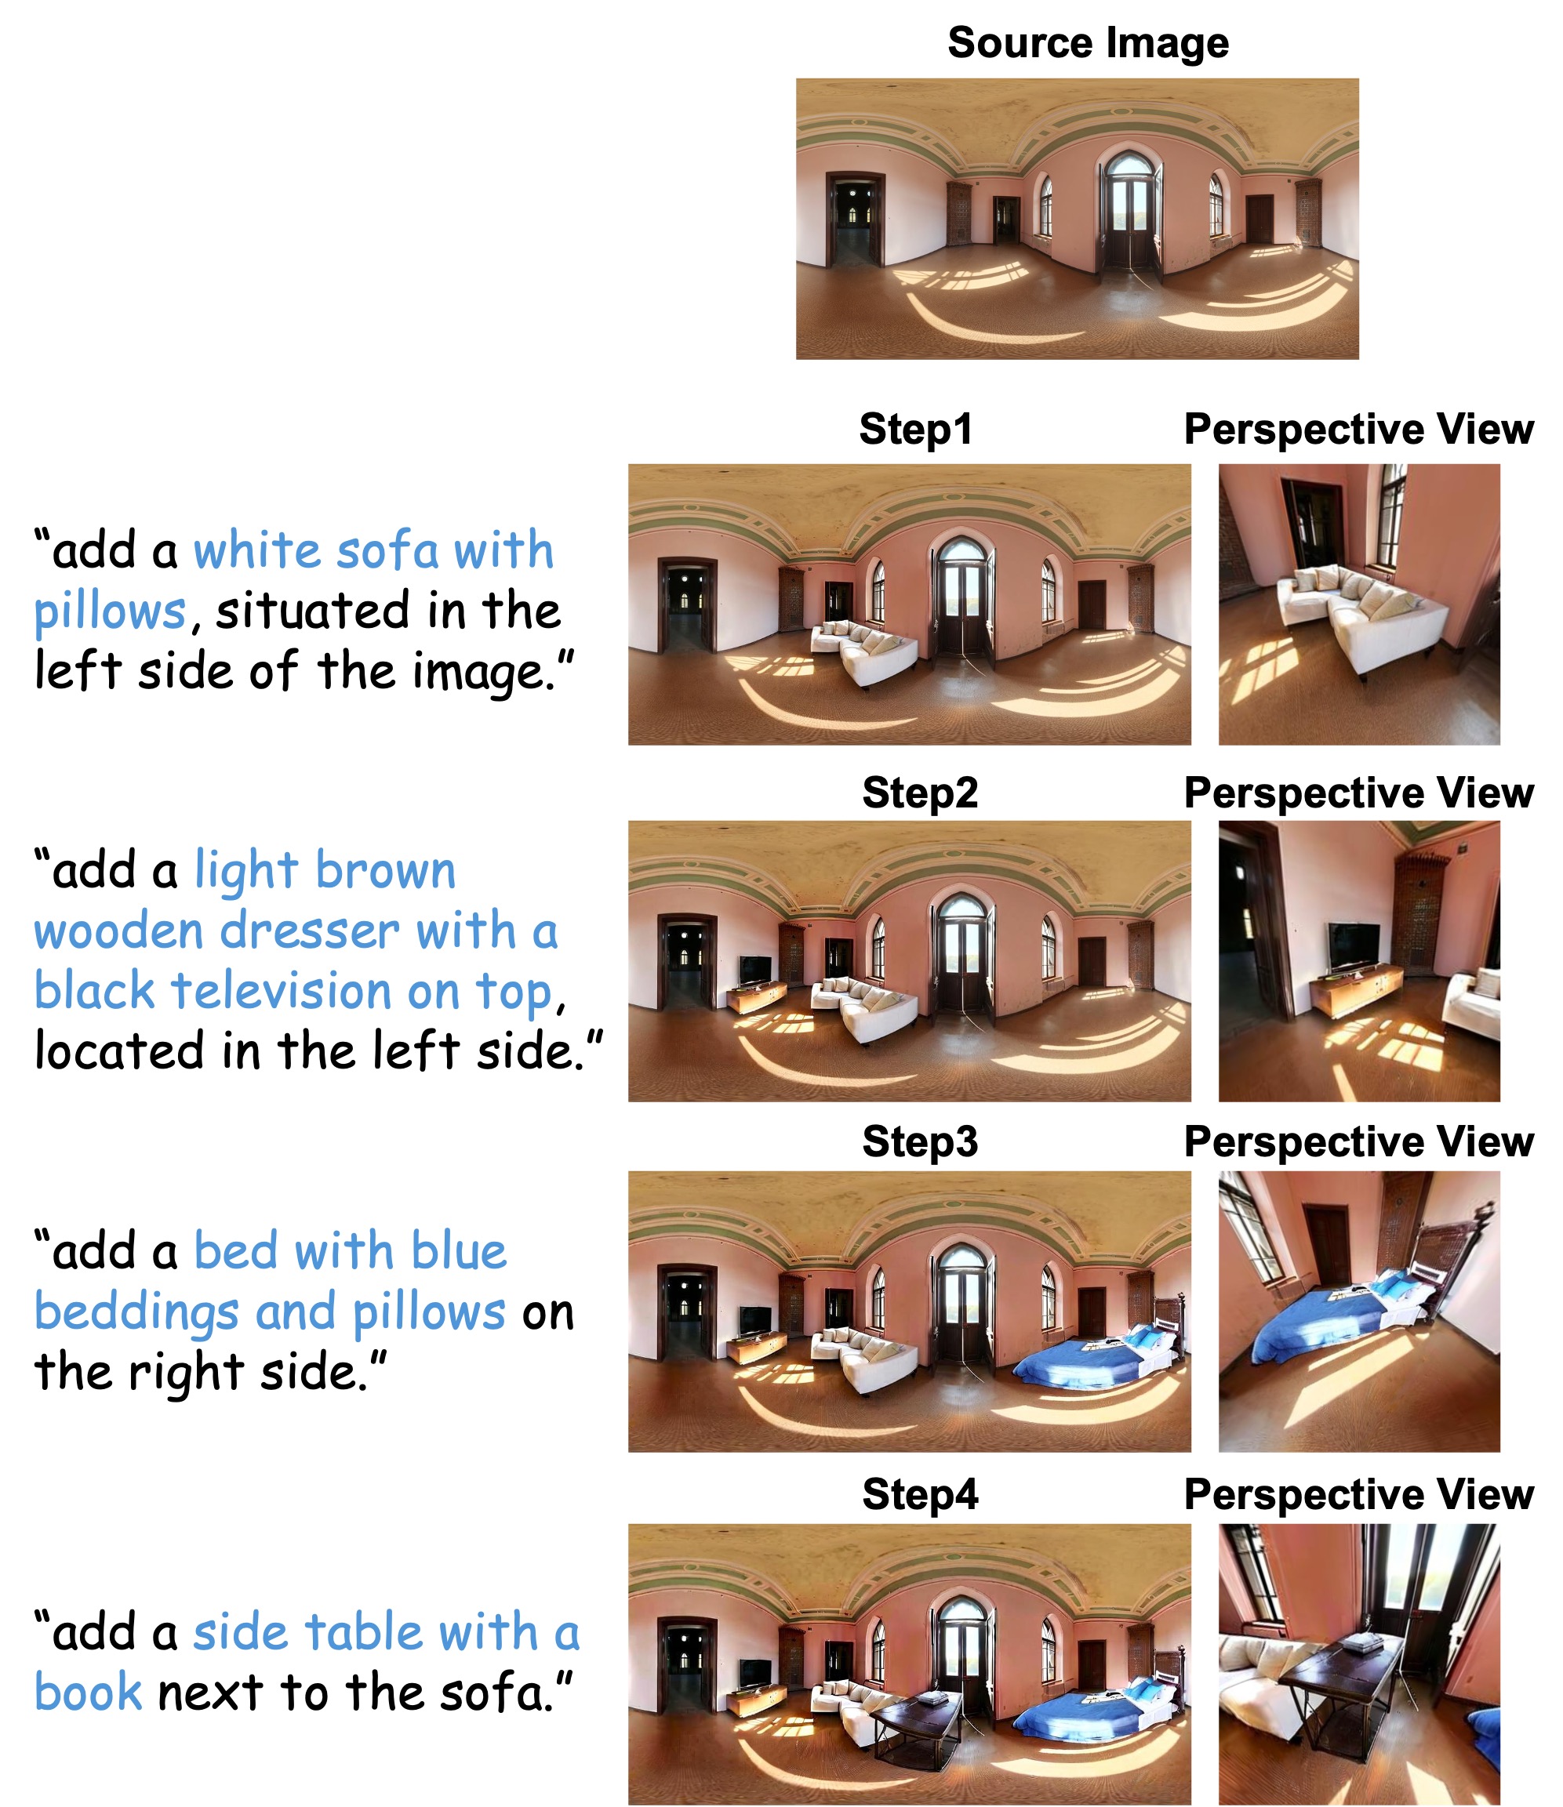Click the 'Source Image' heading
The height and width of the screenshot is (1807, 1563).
[x=1088, y=44]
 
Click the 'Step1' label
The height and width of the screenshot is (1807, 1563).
[x=915, y=429]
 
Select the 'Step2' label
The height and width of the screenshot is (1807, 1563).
[x=919, y=793]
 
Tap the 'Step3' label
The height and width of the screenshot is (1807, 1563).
[x=919, y=1141]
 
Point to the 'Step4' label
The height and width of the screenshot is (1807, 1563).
[x=919, y=1495]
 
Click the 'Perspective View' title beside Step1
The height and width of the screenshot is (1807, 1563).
[x=1358, y=430]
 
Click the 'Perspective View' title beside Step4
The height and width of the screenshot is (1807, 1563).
[x=1358, y=1496]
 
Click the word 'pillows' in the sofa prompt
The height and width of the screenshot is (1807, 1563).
[x=110, y=612]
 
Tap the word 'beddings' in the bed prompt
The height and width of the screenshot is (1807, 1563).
[x=136, y=1312]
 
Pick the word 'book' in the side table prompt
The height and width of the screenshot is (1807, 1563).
[x=87, y=1693]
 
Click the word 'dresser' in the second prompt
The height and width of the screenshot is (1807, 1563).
[x=310, y=931]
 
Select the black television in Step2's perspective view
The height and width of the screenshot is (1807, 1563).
[x=1354, y=948]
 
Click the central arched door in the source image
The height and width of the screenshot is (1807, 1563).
[x=1129, y=215]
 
